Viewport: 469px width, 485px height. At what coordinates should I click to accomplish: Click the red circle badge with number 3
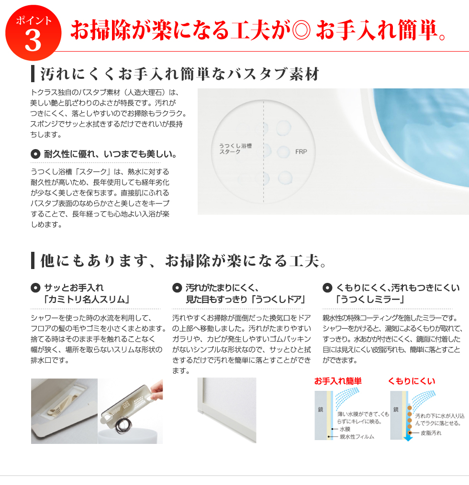(33, 32)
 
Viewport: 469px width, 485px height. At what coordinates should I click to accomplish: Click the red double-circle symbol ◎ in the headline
(301, 30)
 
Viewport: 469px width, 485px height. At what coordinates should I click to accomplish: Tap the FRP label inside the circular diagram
(301, 151)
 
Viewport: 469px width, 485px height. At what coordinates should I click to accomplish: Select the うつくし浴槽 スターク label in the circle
(235, 149)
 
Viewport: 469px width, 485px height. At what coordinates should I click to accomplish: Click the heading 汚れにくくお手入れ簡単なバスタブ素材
(179, 74)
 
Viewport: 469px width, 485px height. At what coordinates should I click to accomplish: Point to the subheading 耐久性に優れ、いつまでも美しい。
(110, 154)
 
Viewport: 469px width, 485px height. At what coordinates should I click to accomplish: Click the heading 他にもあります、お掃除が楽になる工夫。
(183, 260)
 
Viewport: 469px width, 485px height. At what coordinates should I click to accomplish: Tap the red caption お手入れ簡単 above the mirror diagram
(338, 381)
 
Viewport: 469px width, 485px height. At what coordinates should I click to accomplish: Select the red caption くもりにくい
(412, 381)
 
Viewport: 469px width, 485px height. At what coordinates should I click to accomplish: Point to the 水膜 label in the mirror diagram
(345, 429)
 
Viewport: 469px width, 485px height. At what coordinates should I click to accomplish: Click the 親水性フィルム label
(357, 437)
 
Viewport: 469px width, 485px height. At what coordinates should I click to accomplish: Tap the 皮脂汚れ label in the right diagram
(431, 433)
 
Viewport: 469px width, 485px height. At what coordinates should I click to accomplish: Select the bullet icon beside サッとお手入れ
(35, 288)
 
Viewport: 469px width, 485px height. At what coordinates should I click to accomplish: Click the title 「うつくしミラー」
(370, 300)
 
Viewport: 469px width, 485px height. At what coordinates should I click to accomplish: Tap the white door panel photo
(227, 410)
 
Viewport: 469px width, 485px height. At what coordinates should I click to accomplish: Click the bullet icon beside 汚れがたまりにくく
(177, 288)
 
